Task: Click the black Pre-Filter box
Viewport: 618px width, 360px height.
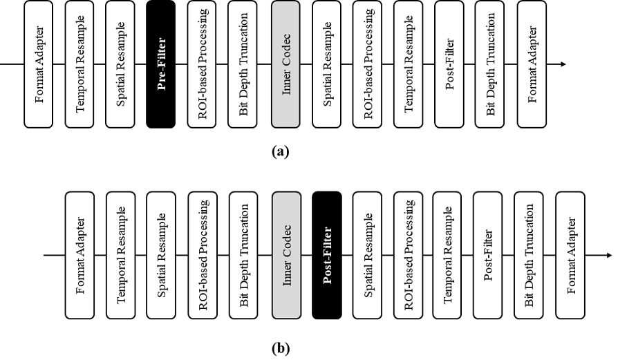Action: click(162, 64)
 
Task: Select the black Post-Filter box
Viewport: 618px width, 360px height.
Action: click(327, 256)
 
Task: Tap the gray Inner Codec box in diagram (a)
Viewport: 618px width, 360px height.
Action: click(285, 64)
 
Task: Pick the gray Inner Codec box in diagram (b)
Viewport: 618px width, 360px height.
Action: click(286, 256)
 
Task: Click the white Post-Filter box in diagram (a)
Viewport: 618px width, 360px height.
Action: click(449, 64)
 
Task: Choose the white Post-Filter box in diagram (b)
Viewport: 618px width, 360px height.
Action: click(488, 256)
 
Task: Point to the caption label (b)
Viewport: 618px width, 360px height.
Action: click(281, 348)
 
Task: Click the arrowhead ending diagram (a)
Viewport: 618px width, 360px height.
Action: click(563, 64)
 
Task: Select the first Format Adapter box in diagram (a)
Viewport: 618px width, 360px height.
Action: click(39, 64)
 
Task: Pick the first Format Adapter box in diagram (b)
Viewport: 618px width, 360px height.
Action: click(80, 256)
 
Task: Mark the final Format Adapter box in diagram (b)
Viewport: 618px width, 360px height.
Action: click(570, 256)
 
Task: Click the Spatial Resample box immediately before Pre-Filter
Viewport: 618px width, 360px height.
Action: click(121, 64)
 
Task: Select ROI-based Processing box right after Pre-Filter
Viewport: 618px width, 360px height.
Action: click(203, 64)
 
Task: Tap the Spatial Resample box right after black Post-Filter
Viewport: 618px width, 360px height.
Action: click(367, 256)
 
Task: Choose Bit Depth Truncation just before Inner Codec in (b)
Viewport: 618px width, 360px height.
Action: click(243, 256)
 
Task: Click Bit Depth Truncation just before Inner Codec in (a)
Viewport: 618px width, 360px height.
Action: click(243, 64)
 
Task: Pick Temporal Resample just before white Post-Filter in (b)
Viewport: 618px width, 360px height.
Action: click(448, 256)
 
